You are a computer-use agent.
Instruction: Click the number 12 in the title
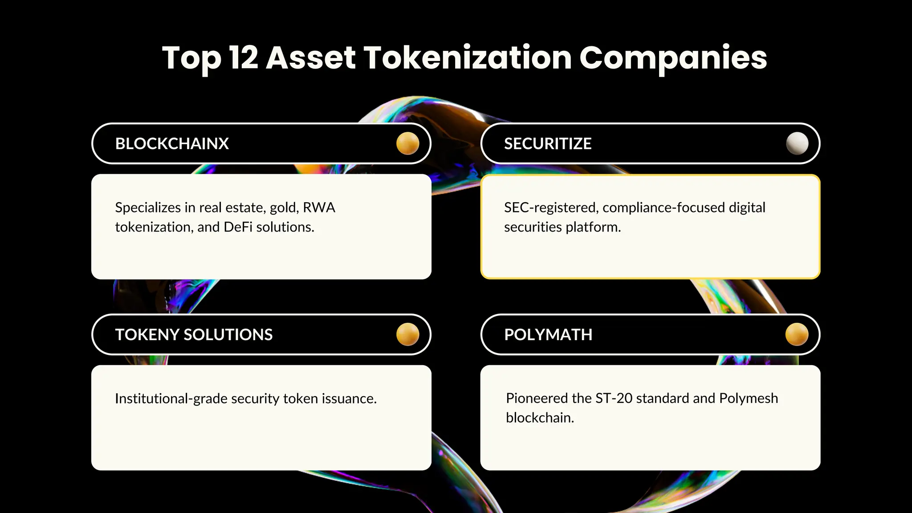(x=244, y=58)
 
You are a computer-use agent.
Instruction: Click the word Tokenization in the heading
(x=467, y=58)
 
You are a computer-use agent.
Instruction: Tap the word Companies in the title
(x=673, y=58)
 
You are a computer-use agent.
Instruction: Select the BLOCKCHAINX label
(x=172, y=144)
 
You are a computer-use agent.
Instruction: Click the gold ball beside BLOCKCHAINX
(x=407, y=143)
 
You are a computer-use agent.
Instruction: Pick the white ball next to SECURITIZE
(x=797, y=143)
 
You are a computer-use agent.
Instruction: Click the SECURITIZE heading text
(x=547, y=144)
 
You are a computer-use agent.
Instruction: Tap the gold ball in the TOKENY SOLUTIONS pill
(x=407, y=334)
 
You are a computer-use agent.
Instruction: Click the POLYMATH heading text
(x=548, y=335)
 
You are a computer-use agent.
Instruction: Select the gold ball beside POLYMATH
(x=797, y=334)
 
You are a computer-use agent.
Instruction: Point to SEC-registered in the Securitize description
(x=551, y=208)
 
